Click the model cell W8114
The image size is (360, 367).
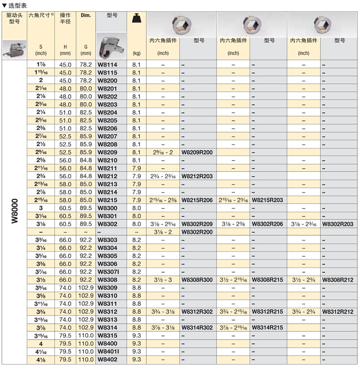(108, 65)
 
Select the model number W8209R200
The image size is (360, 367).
(197, 152)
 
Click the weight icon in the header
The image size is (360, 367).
(136, 18)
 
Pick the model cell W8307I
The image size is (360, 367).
(108, 272)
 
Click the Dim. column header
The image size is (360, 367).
(86, 16)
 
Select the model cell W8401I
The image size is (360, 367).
(108, 351)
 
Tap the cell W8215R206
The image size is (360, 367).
(197, 200)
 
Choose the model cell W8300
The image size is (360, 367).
(108, 208)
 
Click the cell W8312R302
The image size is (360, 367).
(197, 311)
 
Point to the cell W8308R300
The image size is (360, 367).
(197, 279)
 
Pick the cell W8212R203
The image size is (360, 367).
(197, 176)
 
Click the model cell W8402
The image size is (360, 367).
(108, 360)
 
